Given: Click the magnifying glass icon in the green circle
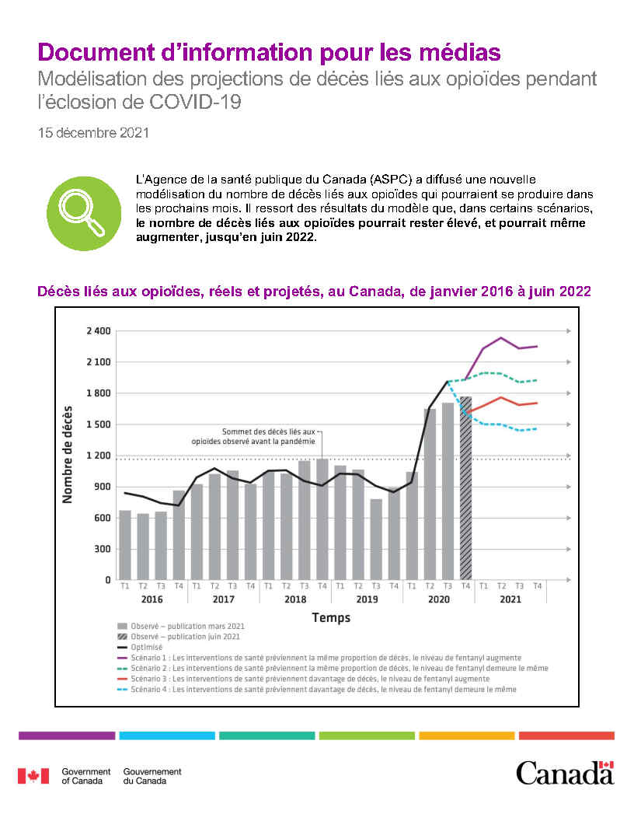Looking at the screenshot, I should coord(84,212).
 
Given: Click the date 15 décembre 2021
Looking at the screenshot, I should coord(93,133).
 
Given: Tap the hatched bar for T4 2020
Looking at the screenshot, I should coord(465,488).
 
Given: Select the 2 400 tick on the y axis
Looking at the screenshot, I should coord(99,331).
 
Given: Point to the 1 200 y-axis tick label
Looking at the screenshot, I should coord(99,456).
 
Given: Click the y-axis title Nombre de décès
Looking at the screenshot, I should coord(68,455).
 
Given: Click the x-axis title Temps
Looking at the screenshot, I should coord(331,618).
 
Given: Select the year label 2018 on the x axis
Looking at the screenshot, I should coord(294,599).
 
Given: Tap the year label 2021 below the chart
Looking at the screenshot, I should coord(510,599).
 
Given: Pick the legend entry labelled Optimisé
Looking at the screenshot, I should coord(148,647).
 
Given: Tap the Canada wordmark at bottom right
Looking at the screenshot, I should coord(565,774).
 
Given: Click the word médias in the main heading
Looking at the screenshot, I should coord(458,53).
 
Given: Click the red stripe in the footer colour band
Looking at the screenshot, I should coord(566,735).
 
